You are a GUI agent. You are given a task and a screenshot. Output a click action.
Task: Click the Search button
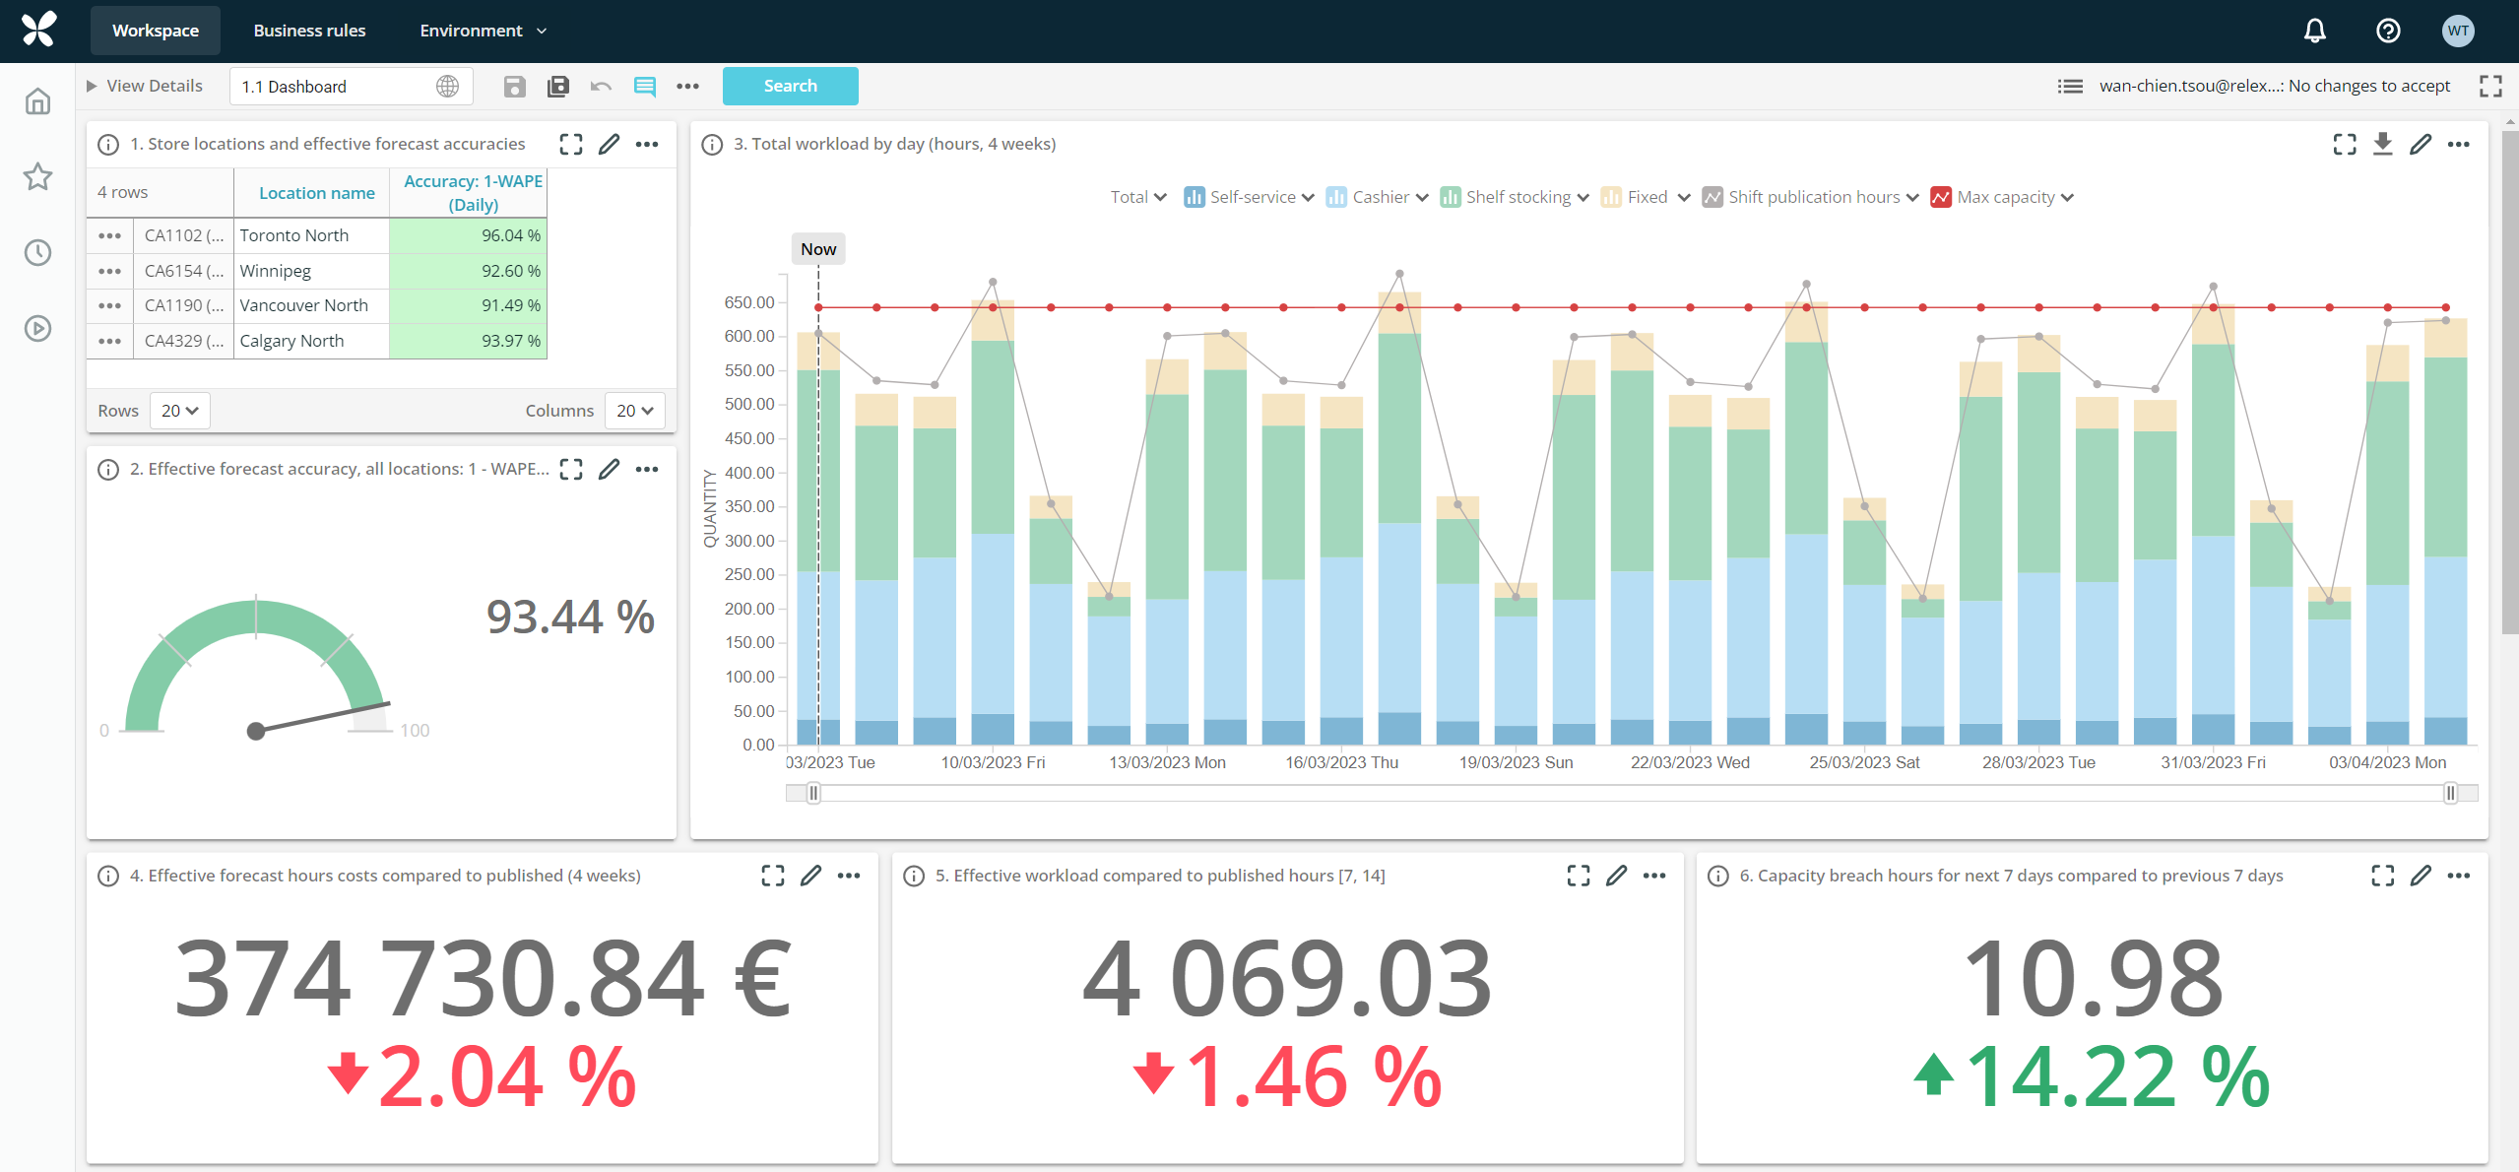[790, 86]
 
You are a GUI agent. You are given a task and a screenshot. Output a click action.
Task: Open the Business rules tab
[309, 31]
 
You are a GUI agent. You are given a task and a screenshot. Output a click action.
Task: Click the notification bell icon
[2314, 31]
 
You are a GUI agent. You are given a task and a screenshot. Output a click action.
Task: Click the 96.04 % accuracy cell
[469, 235]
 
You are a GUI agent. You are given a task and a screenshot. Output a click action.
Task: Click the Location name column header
[316, 193]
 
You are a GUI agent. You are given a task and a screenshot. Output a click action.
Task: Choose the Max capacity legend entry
[2005, 197]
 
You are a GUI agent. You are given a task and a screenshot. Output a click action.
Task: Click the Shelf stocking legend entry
[1518, 197]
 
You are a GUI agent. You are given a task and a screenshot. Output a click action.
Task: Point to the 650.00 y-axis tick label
[749, 302]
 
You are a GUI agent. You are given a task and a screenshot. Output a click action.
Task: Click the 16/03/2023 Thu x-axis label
[1341, 762]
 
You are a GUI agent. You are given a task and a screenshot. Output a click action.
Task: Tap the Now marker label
[818, 249]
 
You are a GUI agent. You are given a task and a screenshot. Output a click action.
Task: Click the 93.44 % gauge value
[570, 618]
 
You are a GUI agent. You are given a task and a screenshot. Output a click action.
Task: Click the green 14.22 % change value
[2116, 1077]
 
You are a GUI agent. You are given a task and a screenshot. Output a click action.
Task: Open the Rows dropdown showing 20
[180, 411]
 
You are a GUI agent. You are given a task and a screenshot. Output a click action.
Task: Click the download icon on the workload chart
[2382, 144]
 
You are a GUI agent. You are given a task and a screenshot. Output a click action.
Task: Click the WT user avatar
[2458, 31]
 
